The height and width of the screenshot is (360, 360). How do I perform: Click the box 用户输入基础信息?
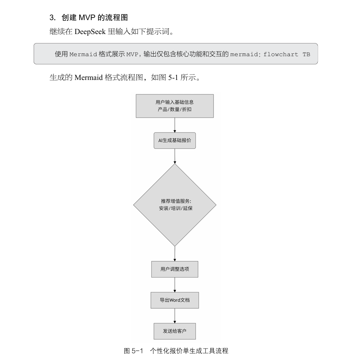[x=174, y=106]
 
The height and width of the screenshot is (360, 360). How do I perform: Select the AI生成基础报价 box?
[x=174, y=140]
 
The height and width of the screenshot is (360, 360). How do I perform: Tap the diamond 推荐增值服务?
[x=174, y=205]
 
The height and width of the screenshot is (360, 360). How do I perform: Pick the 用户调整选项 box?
[x=174, y=269]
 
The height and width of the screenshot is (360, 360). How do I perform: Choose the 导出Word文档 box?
[x=174, y=300]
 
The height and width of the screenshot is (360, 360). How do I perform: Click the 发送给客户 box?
[x=174, y=331]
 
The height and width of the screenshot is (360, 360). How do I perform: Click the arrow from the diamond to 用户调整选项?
[x=175, y=253]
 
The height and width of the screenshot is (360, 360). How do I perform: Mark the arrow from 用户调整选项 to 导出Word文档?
[x=175, y=285]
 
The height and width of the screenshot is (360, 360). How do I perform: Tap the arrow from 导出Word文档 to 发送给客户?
[x=175, y=315]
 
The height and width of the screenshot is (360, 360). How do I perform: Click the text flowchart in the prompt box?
[x=281, y=55]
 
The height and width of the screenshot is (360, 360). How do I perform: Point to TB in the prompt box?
[x=306, y=55]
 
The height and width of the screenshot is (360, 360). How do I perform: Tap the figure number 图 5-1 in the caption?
[x=133, y=351]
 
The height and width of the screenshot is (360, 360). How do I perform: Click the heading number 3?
[x=52, y=18]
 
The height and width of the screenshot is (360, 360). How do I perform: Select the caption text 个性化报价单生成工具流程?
[x=189, y=351]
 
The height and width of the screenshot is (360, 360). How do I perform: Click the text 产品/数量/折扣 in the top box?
[x=174, y=109]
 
